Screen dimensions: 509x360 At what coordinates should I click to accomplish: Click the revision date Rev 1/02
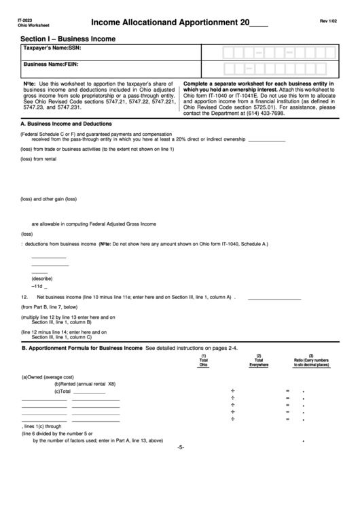tap(329, 22)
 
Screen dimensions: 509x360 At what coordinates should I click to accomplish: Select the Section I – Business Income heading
tap(68, 39)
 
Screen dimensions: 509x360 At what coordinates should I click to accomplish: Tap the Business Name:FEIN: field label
tap(52, 65)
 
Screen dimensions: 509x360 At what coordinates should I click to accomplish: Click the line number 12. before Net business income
tap(24, 297)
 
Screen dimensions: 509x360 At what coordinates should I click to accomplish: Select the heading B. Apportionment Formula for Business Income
tap(82, 348)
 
